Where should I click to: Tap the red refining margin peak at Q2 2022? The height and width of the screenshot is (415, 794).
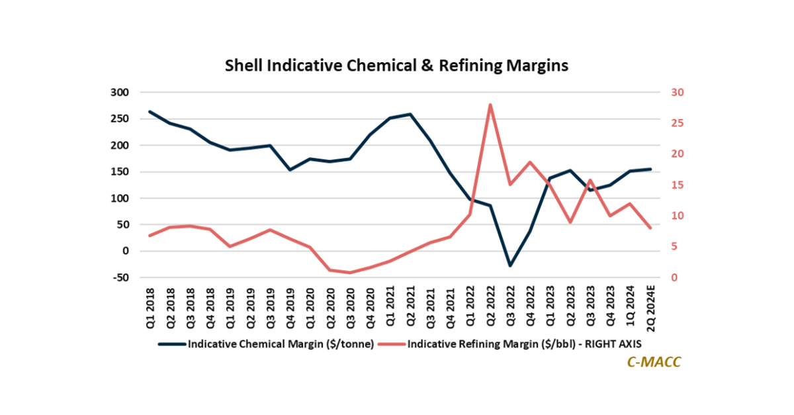(490, 105)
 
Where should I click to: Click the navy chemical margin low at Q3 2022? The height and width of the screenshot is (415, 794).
(510, 265)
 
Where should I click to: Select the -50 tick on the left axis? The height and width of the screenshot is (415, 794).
(120, 278)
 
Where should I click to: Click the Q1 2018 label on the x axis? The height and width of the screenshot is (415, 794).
(151, 304)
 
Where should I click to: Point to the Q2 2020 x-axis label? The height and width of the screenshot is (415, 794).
(331, 304)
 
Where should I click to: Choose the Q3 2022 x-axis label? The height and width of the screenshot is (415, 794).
(510, 304)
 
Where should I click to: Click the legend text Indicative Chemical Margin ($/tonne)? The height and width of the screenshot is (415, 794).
(280, 344)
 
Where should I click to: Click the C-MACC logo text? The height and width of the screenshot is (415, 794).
(652, 362)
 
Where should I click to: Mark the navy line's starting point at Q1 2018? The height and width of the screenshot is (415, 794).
(150, 112)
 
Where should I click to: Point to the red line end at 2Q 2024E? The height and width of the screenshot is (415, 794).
(650, 228)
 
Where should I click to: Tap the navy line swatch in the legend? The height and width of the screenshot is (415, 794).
(172, 344)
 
